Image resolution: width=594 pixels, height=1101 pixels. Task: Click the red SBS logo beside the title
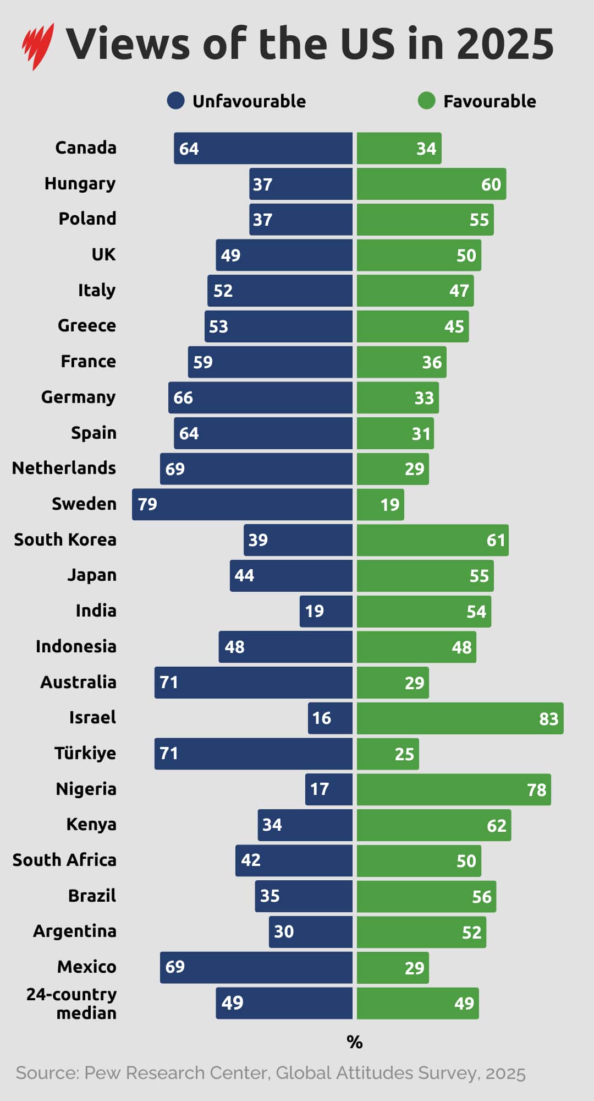pos(37,46)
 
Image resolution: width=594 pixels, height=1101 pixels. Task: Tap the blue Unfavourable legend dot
pos(175,101)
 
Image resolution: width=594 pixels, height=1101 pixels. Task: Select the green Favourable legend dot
pos(426,101)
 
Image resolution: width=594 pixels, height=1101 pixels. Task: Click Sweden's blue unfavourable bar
pos(242,504)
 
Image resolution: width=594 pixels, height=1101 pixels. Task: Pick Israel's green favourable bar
pos(460,718)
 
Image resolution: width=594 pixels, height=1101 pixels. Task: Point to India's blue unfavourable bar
pos(326,611)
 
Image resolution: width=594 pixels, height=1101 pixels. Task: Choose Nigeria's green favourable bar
pos(454,789)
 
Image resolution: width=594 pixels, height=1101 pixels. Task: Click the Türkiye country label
pos(85,753)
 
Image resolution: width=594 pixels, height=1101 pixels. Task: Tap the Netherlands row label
pos(64,468)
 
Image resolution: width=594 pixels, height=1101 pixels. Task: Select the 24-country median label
pos(72,1004)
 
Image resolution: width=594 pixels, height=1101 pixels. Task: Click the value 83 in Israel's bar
pos(548,718)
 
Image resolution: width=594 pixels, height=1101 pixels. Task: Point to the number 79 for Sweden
pos(147,504)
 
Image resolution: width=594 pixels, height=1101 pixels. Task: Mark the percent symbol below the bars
pos(355,1042)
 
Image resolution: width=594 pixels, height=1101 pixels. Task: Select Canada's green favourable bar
pos(399,148)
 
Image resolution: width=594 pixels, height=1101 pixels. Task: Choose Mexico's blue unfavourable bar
pos(256,967)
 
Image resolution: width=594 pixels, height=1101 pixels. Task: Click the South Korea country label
pos(65,539)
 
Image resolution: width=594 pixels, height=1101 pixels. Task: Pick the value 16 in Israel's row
pos(321,718)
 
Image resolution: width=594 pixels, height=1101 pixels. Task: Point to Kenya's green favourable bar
pos(434,825)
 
